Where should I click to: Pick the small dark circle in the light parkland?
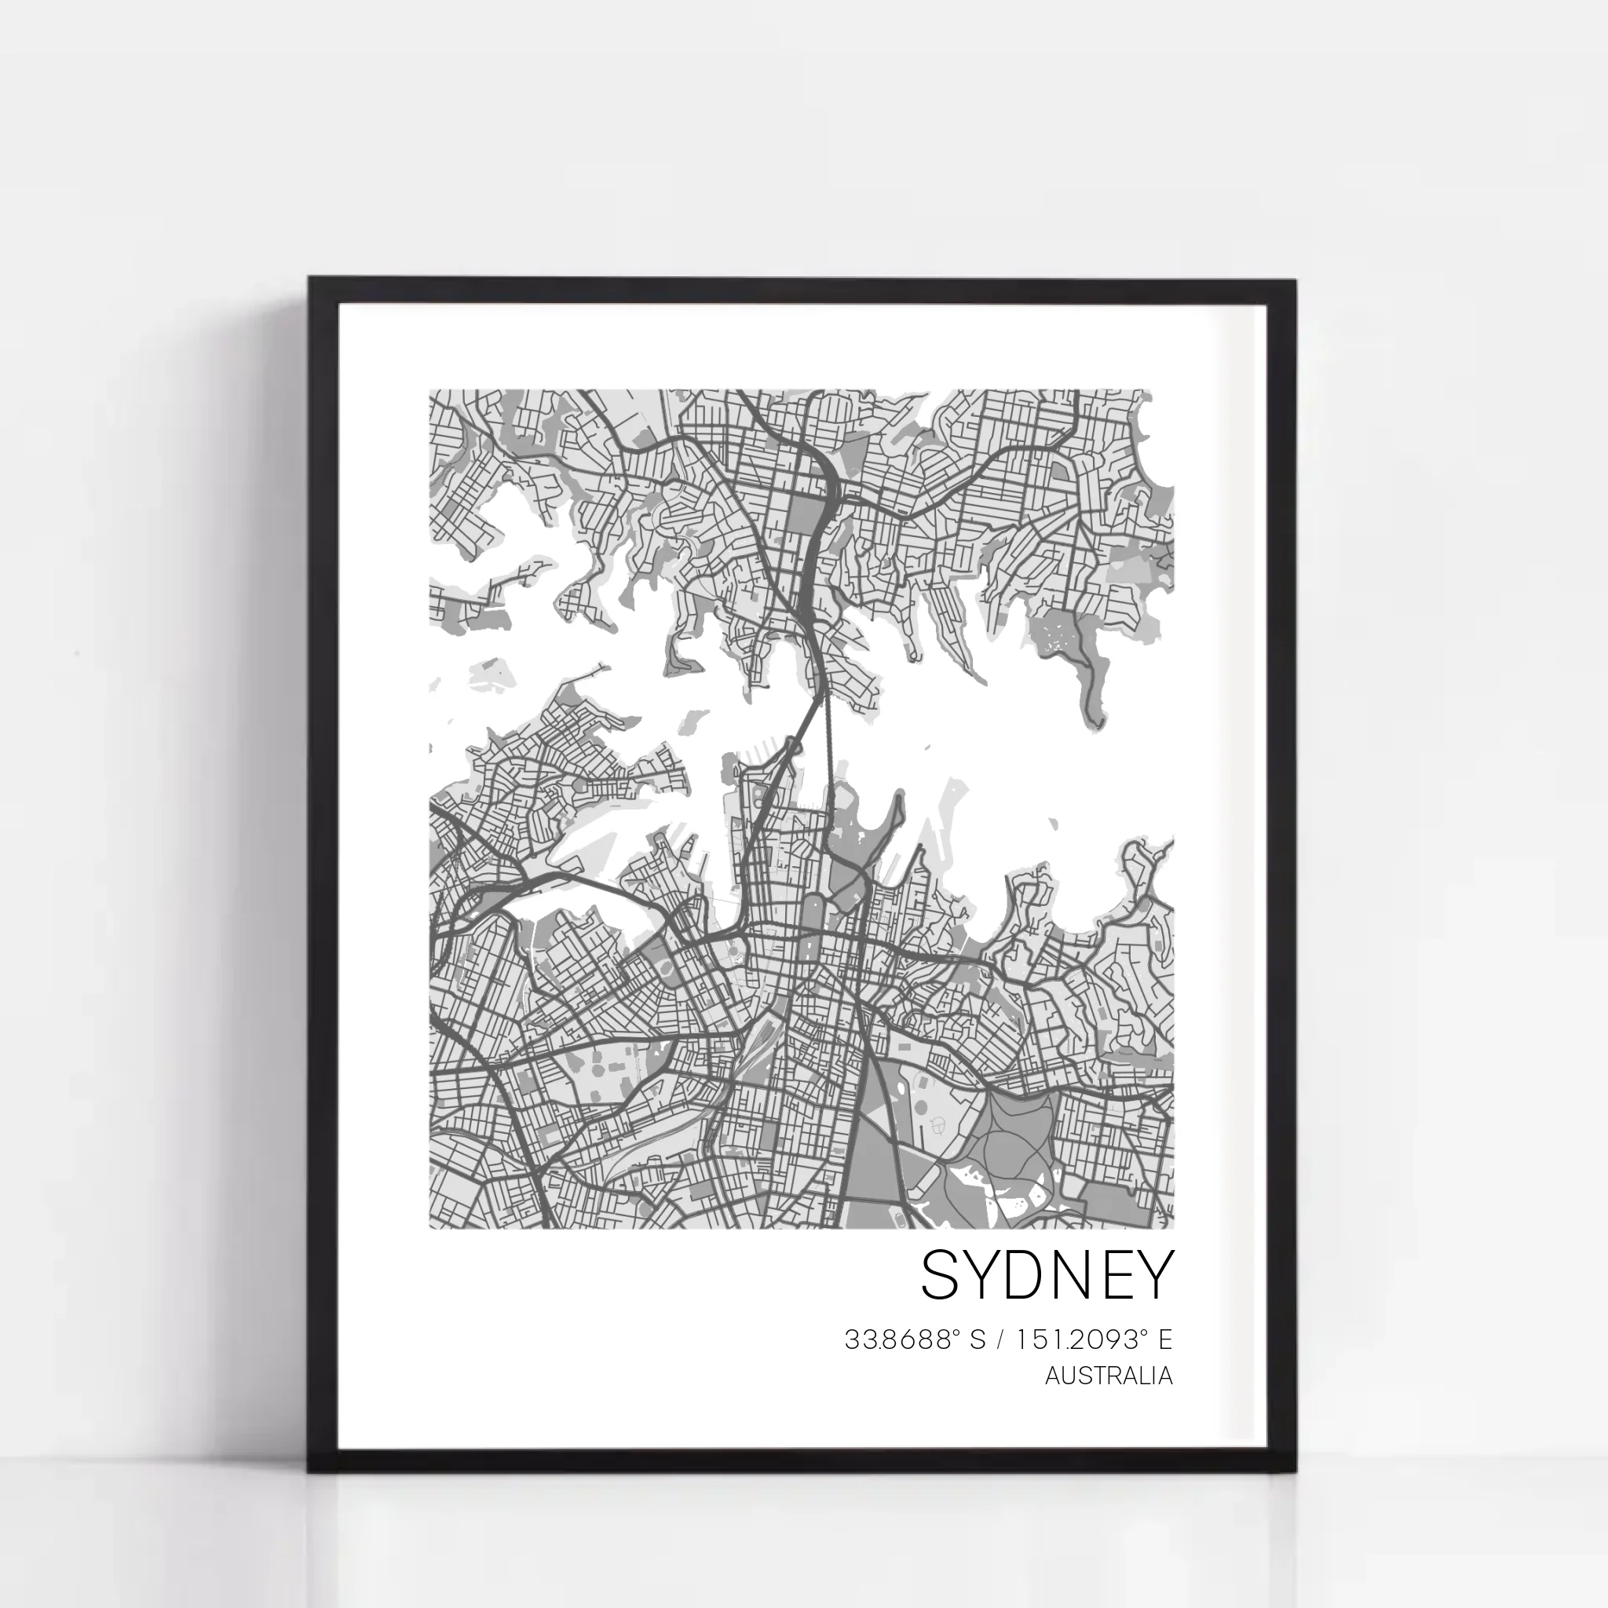click(x=938, y=1126)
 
